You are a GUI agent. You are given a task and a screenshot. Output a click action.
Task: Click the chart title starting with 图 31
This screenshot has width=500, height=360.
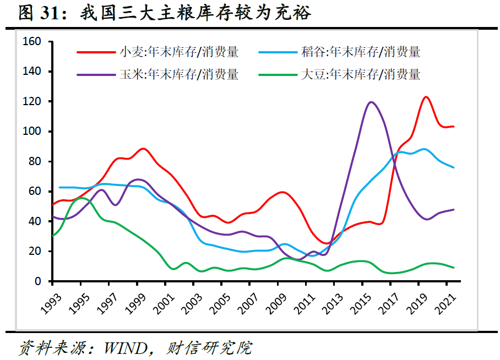click(165, 13)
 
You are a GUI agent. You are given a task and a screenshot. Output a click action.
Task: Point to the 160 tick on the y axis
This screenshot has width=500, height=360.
click(34, 42)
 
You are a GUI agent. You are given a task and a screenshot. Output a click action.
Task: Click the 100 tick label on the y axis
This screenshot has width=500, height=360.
click(34, 132)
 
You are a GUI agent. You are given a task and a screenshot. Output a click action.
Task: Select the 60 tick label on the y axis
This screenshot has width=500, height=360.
click(36, 192)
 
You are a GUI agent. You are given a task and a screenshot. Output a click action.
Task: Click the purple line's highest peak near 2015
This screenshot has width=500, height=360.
click(371, 102)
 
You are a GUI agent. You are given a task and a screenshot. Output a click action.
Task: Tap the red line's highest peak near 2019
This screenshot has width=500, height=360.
click(426, 97)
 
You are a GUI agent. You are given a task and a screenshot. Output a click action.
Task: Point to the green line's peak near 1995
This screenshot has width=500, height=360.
click(81, 198)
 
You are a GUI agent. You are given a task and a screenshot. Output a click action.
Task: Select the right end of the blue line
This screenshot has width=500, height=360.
click(453, 167)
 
